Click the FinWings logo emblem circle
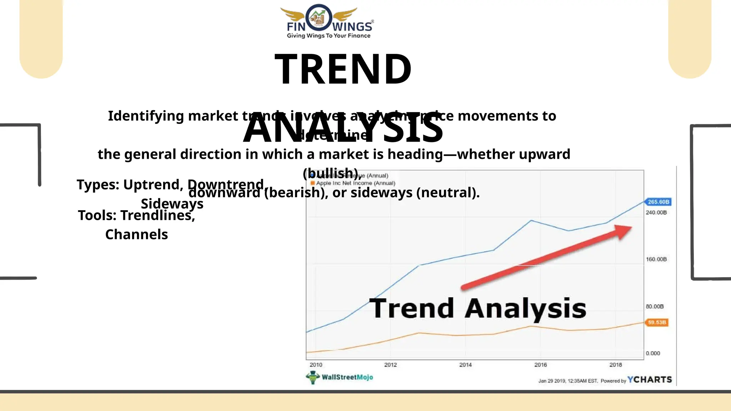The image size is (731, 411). point(318,18)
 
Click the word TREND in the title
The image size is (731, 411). point(343,69)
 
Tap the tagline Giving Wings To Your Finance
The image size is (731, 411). point(328,36)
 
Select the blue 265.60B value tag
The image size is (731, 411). point(658,202)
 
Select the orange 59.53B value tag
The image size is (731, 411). point(657,323)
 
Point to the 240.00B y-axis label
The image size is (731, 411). point(656,213)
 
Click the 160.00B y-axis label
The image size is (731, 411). point(656,259)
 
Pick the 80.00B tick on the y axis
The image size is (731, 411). point(655,306)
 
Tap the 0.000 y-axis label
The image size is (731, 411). point(653,353)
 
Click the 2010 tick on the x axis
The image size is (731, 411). point(316,365)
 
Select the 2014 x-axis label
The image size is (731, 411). point(465,365)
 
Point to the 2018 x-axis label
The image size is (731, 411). point(615,365)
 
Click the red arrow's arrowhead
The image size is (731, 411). point(623,231)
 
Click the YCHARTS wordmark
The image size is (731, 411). point(650,380)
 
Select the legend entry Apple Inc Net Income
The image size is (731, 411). point(355,183)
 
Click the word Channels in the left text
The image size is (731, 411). point(136,234)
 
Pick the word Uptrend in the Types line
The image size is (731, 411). point(153,184)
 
